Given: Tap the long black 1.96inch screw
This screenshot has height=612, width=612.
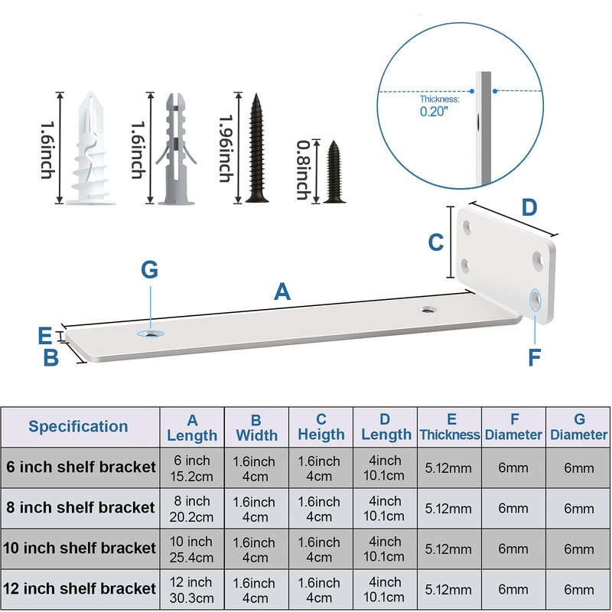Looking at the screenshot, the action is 256,148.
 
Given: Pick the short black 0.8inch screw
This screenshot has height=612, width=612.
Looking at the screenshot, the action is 334,172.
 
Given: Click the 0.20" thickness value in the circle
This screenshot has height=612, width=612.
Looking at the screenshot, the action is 434,112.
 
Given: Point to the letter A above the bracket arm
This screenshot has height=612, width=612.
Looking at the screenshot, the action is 282,291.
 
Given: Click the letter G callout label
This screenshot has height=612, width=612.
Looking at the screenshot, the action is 149,270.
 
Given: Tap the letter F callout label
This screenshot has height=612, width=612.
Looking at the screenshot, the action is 534,356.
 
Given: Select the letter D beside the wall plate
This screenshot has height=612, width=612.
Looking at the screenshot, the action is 529,207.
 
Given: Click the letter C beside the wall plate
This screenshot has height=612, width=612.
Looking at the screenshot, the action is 436,243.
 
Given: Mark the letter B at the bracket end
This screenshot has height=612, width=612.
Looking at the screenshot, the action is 50,357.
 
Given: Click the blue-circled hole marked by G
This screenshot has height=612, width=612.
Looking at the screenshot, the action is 151,334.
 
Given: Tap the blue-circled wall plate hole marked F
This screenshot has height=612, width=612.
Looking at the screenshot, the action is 535,300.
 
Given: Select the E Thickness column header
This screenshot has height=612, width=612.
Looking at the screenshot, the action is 450,427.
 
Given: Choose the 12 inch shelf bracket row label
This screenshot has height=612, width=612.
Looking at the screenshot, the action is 80,588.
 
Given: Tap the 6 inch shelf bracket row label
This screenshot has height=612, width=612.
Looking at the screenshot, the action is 81,467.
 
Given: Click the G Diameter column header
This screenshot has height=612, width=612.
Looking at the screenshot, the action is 578,427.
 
